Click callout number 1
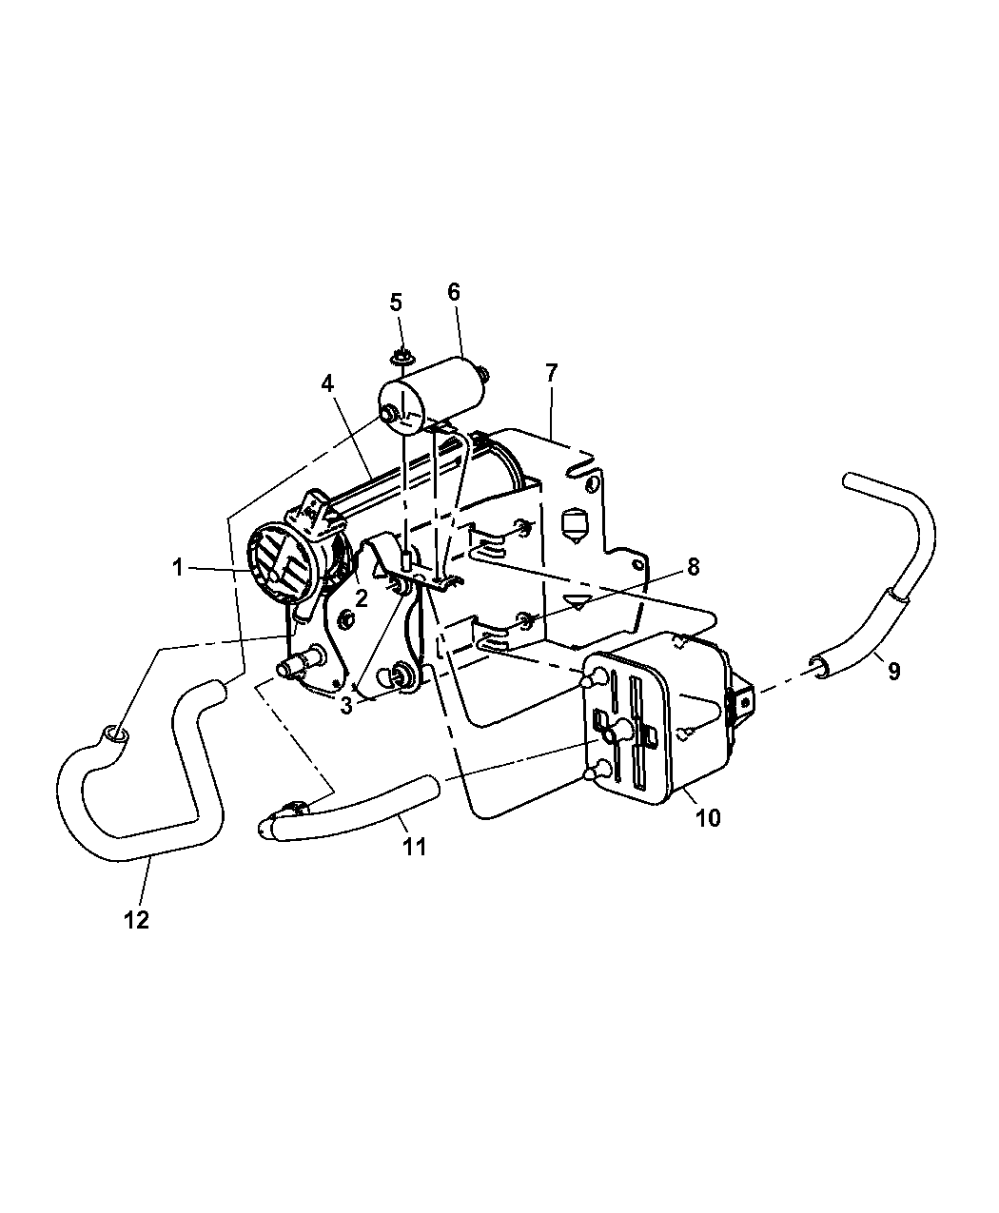tap(177, 567)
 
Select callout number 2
tap(362, 597)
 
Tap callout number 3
tap(346, 705)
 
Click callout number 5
tap(396, 303)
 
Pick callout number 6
tap(454, 291)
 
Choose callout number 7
tap(551, 372)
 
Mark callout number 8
tap(693, 567)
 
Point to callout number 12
tap(137, 920)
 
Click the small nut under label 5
tap(402, 358)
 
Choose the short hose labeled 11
tap(362, 809)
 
